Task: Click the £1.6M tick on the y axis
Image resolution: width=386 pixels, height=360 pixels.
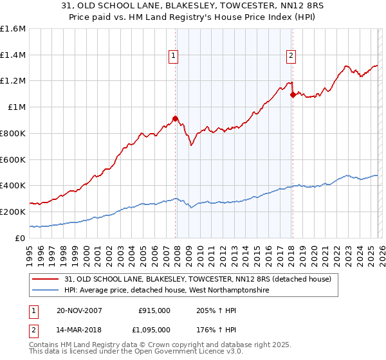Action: click(12, 29)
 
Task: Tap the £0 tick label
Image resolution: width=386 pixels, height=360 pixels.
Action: click(21, 238)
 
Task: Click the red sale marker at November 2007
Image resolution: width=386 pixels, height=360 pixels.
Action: click(175, 118)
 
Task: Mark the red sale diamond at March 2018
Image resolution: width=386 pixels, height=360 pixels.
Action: click(293, 94)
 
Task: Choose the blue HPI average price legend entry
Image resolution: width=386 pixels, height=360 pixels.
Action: click(166, 291)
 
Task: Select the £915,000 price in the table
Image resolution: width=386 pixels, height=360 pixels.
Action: click(154, 310)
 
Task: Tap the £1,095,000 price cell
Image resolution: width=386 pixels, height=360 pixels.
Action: click(152, 330)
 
